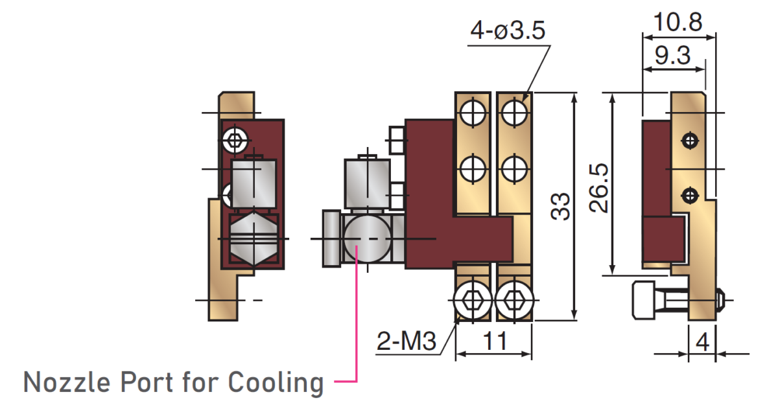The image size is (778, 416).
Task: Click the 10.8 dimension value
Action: (678, 22)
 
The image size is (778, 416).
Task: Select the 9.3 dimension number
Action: (672, 56)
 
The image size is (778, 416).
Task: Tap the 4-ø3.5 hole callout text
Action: (508, 30)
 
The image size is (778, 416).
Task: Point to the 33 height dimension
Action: (560, 206)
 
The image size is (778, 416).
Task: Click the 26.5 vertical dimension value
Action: (599, 188)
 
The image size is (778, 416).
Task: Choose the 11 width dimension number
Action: (495, 341)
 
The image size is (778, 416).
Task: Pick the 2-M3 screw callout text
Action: (406, 341)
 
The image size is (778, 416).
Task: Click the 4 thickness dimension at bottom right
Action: (702, 342)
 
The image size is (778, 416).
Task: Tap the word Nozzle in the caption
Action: (67, 382)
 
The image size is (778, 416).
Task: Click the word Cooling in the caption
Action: (276, 384)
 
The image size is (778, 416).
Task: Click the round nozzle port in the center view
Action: (367, 238)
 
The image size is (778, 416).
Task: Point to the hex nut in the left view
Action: (254, 238)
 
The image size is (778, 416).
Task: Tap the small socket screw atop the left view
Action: (235, 141)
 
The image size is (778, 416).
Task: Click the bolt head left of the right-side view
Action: (644, 300)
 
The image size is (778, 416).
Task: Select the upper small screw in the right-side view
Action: (690, 141)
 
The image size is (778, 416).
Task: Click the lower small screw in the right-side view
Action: (690, 196)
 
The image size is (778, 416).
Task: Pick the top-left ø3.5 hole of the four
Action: (473, 113)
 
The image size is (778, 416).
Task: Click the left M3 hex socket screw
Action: (473, 301)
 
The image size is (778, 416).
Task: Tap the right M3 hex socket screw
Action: (514, 301)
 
